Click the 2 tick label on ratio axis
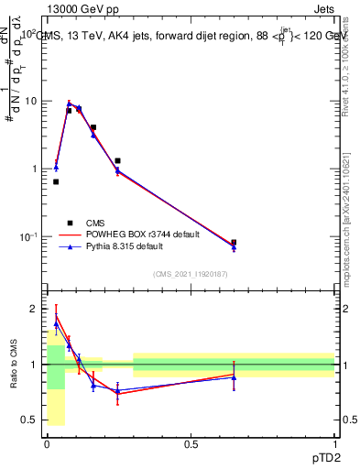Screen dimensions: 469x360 [x=34, y=309]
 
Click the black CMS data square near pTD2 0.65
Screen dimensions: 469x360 [x=234, y=243]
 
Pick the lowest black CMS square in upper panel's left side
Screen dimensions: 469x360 [x=56, y=181]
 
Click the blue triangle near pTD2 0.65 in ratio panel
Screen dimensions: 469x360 [x=234, y=376]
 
